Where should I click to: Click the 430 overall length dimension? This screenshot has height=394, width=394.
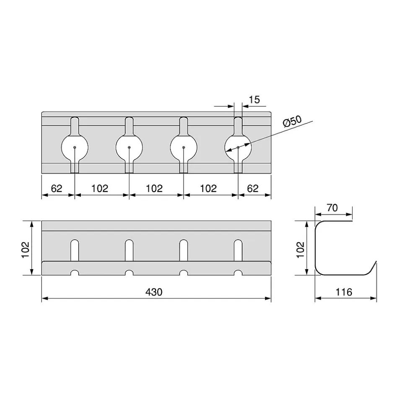pyautogui.click(x=154, y=292)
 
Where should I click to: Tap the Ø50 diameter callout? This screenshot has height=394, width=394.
pyautogui.click(x=292, y=122)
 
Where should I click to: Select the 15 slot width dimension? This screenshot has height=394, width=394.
pyautogui.click(x=254, y=100)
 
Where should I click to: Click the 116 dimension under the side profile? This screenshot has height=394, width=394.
pyautogui.click(x=344, y=292)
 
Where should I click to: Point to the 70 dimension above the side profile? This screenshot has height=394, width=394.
pyautogui.click(x=332, y=208)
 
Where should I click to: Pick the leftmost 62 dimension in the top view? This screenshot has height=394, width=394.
pyautogui.click(x=56, y=189)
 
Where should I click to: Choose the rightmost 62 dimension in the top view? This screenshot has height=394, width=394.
pyautogui.click(x=252, y=189)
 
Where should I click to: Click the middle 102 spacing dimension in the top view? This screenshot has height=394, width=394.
pyautogui.click(x=154, y=189)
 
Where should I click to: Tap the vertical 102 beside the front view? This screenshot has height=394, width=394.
pyautogui.click(x=26, y=249)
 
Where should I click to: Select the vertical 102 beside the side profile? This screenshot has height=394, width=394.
pyautogui.click(x=300, y=249)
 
